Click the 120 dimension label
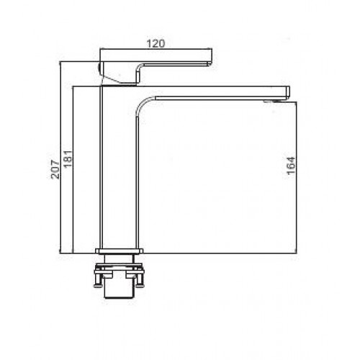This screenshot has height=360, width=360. (x=156, y=44)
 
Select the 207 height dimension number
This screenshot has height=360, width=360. (x=55, y=169)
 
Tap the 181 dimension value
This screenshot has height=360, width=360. (x=68, y=159)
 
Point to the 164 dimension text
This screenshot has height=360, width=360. (x=291, y=166)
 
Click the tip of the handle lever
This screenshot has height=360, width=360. (x=212, y=63)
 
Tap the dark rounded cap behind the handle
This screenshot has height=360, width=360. (x=99, y=68)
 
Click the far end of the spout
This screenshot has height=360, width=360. (x=289, y=93)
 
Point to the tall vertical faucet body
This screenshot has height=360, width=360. (x=120, y=168)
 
